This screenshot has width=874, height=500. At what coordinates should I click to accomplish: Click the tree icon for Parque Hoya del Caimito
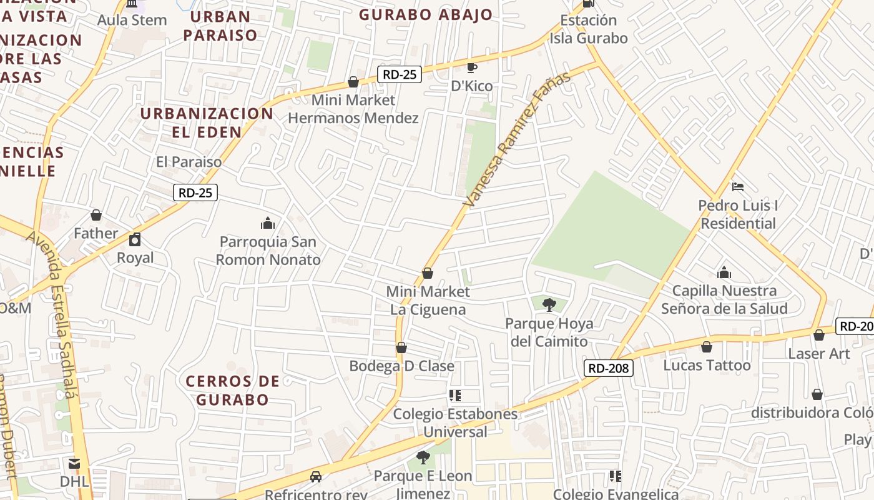click(549, 304)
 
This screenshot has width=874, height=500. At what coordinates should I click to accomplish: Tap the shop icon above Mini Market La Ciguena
click(428, 273)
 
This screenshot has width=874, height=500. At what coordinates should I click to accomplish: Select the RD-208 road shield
click(609, 368)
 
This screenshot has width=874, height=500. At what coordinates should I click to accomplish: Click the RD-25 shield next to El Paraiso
click(195, 192)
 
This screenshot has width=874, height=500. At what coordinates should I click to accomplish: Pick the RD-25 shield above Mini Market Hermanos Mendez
click(400, 74)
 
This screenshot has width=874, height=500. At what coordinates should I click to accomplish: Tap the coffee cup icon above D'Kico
click(472, 67)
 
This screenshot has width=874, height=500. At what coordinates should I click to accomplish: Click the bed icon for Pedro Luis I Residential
click(737, 186)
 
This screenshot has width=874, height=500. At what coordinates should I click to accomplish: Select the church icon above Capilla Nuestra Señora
click(724, 272)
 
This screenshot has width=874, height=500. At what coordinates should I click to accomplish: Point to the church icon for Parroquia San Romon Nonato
click(268, 223)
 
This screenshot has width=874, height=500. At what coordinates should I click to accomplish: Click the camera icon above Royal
click(135, 239)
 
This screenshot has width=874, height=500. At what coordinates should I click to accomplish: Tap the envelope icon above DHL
click(74, 463)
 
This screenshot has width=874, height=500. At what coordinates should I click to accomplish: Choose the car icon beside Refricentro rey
click(316, 477)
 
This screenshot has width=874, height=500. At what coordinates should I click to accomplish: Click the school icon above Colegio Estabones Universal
click(455, 395)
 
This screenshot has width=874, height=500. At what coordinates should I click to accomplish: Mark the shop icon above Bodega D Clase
click(401, 347)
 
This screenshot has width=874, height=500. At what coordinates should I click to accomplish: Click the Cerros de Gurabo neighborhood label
click(232, 390)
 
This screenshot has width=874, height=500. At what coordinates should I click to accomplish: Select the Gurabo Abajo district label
click(426, 15)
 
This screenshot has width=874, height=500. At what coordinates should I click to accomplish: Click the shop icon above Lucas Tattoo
click(707, 346)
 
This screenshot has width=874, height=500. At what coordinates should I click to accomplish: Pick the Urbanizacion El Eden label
click(207, 122)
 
